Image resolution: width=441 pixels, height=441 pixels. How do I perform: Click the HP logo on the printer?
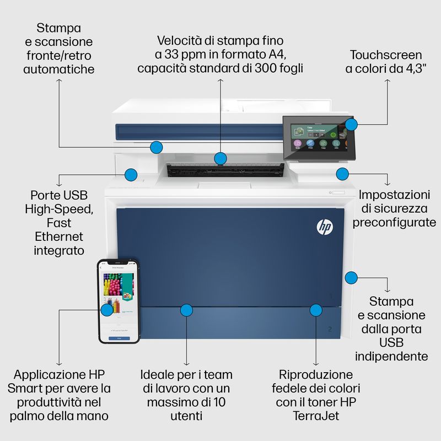pos(322,227)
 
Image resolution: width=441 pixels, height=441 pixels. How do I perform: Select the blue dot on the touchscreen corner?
pos(352,124)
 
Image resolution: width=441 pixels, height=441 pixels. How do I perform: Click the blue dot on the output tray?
pos(220,158)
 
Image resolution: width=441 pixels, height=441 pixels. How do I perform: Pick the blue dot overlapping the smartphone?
pos(107,310)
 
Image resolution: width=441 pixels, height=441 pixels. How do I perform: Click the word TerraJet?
pos(315,416)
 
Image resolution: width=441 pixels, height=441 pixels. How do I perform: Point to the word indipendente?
pos(392,356)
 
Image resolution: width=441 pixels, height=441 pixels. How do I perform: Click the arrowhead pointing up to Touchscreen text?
pos(388,81)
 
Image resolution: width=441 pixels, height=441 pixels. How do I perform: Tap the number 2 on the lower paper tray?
pos(330,329)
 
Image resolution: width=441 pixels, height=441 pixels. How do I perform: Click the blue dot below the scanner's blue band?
pos(157,147)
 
